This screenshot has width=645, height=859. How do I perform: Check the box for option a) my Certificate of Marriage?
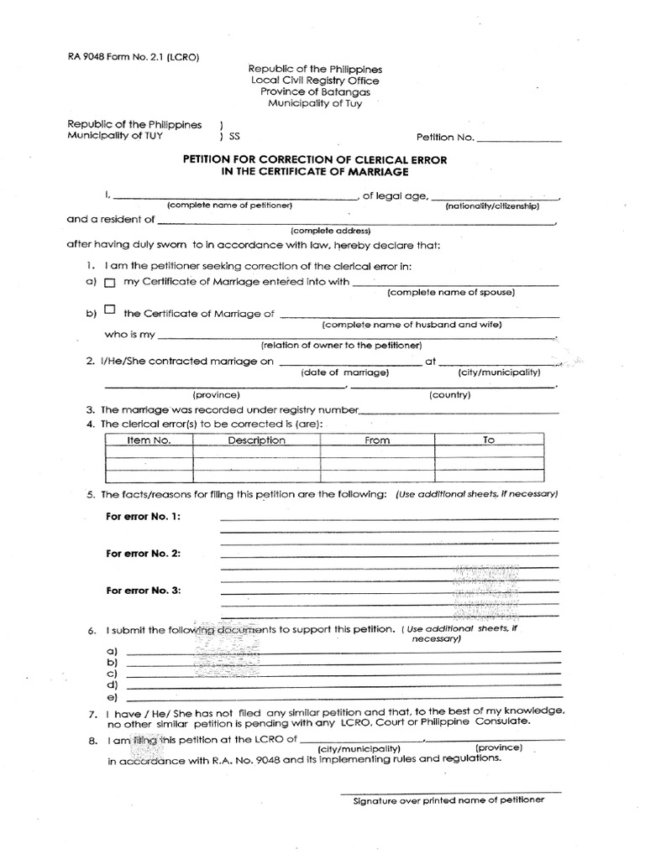(x=109, y=284)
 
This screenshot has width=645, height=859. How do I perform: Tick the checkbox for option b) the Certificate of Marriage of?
(x=110, y=310)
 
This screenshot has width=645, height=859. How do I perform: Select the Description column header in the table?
(x=256, y=440)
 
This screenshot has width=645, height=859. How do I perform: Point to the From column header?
(x=377, y=440)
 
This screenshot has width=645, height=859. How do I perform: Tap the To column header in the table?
(x=489, y=440)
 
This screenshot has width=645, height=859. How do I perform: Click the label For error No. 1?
(x=143, y=516)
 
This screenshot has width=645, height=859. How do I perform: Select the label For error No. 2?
(x=143, y=554)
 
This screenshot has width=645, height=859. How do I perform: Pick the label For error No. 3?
(x=143, y=591)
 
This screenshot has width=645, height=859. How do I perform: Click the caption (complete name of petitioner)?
(x=229, y=206)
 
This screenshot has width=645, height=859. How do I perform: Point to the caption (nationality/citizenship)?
(x=492, y=206)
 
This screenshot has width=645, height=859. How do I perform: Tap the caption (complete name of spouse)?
(x=451, y=293)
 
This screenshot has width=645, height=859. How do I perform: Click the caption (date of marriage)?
(x=344, y=372)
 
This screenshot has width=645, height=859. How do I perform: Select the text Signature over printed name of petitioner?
(x=448, y=799)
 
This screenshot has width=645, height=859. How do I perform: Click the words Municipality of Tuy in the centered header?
(x=316, y=103)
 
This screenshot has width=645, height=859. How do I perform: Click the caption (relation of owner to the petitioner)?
(x=341, y=346)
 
